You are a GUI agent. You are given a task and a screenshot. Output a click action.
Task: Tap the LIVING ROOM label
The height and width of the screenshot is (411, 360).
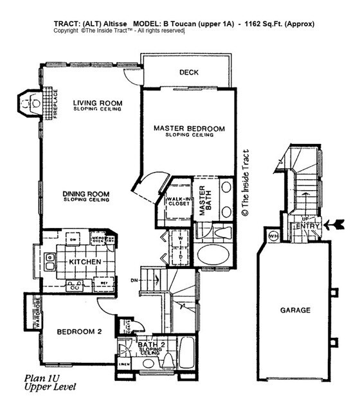tap(97, 103)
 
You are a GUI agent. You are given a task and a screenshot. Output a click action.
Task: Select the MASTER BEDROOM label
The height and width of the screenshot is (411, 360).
tap(189, 128)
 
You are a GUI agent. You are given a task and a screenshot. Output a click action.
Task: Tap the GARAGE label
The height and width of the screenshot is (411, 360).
tap(295, 310)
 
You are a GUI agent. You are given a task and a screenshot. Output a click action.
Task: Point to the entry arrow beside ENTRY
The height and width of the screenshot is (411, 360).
tap(335, 224)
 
